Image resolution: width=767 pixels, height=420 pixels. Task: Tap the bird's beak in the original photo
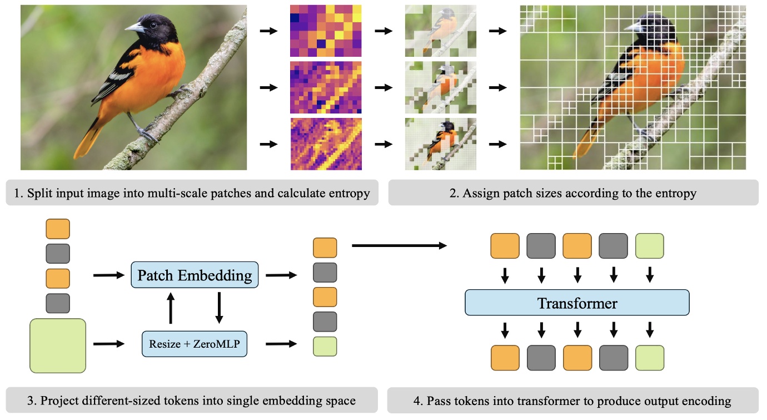point(133,28)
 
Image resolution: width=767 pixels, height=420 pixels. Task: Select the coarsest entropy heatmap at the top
point(326,31)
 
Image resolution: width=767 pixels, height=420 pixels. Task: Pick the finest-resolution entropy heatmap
point(326,144)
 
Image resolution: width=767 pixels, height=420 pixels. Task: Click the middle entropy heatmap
point(326,87)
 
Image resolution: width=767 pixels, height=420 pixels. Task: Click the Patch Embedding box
point(195,275)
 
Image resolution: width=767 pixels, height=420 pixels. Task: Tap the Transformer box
point(577,304)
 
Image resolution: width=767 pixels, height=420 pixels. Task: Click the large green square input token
point(57,345)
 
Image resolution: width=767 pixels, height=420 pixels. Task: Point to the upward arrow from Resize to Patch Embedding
point(171,309)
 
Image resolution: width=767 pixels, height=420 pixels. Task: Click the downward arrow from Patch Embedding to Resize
point(218,309)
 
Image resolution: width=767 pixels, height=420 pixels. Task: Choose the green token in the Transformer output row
point(649,358)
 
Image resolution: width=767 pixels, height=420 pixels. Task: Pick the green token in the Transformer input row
point(649,246)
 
